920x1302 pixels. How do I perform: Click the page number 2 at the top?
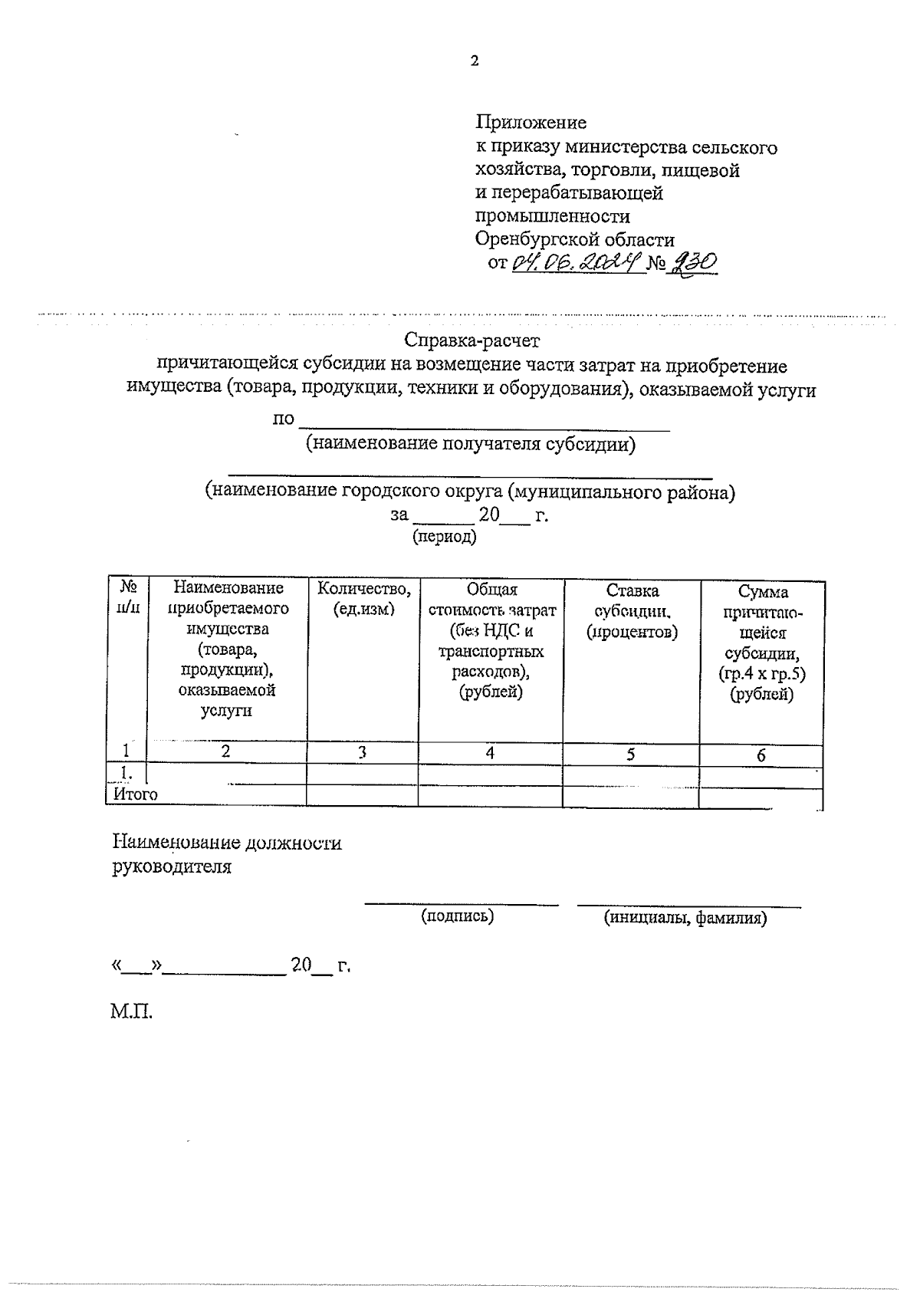click(x=474, y=61)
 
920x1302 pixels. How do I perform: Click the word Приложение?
click(x=531, y=122)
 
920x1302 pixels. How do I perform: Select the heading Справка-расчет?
click(x=473, y=339)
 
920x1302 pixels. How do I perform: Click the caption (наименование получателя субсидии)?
click(x=471, y=444)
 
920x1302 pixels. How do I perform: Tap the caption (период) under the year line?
click(x=445, y=537)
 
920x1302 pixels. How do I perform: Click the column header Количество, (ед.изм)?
click(x=363, y=599)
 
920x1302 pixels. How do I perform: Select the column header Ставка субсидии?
click(x=631, y=611)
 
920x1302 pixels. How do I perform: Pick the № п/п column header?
click(x=128, y=597)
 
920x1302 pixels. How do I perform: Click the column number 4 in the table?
click(x=490, y=753)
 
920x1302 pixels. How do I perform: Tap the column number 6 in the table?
click(x=761, y=755)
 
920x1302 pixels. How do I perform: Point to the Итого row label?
click(x=135, y=794)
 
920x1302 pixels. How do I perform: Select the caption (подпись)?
click(x=457, y=915)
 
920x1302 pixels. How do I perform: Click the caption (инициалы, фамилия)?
click(x=685, y=917)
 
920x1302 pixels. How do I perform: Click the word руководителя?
click(x=172, y=867)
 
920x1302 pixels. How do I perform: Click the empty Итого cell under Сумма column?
click(x=761, y=797)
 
